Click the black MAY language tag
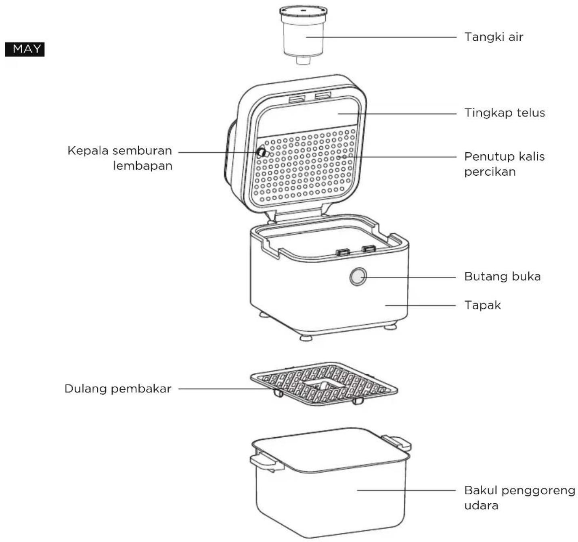coord(25,49)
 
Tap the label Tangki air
coord(494,37)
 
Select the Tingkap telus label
coord(505,113)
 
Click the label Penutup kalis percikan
coord(505,164)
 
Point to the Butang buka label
coord(503,276)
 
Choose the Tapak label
coord(482,305)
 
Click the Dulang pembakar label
coord(118,389)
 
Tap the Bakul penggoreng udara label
coord(519,498)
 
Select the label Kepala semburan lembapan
coord(120,158)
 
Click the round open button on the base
coord(358,277)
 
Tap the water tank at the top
coord(303,35)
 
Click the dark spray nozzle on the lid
coord(261,152)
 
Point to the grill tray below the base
coord(324,384)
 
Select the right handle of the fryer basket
coord(396,442)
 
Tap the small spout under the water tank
coord(303,60)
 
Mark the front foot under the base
coord(306,338)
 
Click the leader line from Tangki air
coord(381,37)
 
